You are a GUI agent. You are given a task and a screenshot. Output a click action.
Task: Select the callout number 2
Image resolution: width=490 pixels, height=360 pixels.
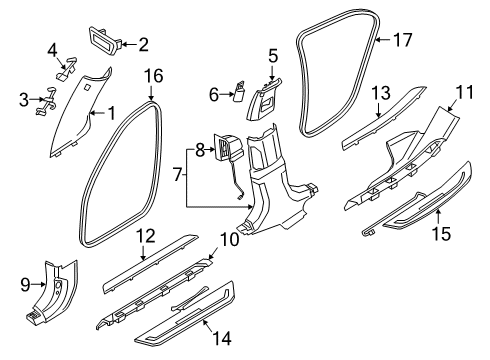(142, 43)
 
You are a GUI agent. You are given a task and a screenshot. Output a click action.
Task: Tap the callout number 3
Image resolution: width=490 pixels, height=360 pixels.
(23, 99)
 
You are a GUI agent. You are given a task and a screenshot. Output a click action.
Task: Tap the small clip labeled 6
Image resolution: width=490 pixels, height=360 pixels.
(241, 94)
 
